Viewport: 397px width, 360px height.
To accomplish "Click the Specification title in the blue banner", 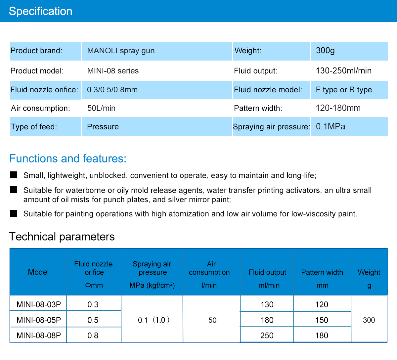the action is (41, 11).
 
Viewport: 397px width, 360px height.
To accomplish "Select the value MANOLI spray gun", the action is (121, 51).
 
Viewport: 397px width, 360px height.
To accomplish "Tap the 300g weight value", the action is (325, 51).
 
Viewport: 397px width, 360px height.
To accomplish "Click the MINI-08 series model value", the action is (113, 71).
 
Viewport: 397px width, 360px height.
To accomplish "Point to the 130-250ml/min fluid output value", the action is (343, 71).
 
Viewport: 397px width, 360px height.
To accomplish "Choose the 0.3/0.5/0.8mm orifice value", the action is (112, 90).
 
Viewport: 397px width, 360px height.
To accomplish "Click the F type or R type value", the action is (344, 90).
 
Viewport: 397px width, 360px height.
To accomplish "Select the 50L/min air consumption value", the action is (101, 108).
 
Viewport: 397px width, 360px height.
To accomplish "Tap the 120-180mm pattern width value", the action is (338, 108).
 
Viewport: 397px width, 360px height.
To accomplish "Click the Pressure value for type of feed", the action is (103, 127).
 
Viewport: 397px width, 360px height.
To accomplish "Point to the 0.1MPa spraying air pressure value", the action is (331, 126).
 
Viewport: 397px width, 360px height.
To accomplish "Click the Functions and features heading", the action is (68, 158).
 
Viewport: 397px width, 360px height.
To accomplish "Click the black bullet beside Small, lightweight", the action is (14, 175).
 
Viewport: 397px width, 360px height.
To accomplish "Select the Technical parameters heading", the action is (62, 237).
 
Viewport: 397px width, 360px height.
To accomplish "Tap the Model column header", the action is (38, 272).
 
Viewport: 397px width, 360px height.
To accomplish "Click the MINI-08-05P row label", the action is (39, 320).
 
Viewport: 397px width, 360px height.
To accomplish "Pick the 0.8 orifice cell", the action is (93, 336).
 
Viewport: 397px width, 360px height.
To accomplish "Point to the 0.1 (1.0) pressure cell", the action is (154, 320).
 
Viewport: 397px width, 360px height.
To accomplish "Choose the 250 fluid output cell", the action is (267, 336).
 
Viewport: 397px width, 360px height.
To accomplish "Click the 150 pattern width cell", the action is (322, 320).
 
